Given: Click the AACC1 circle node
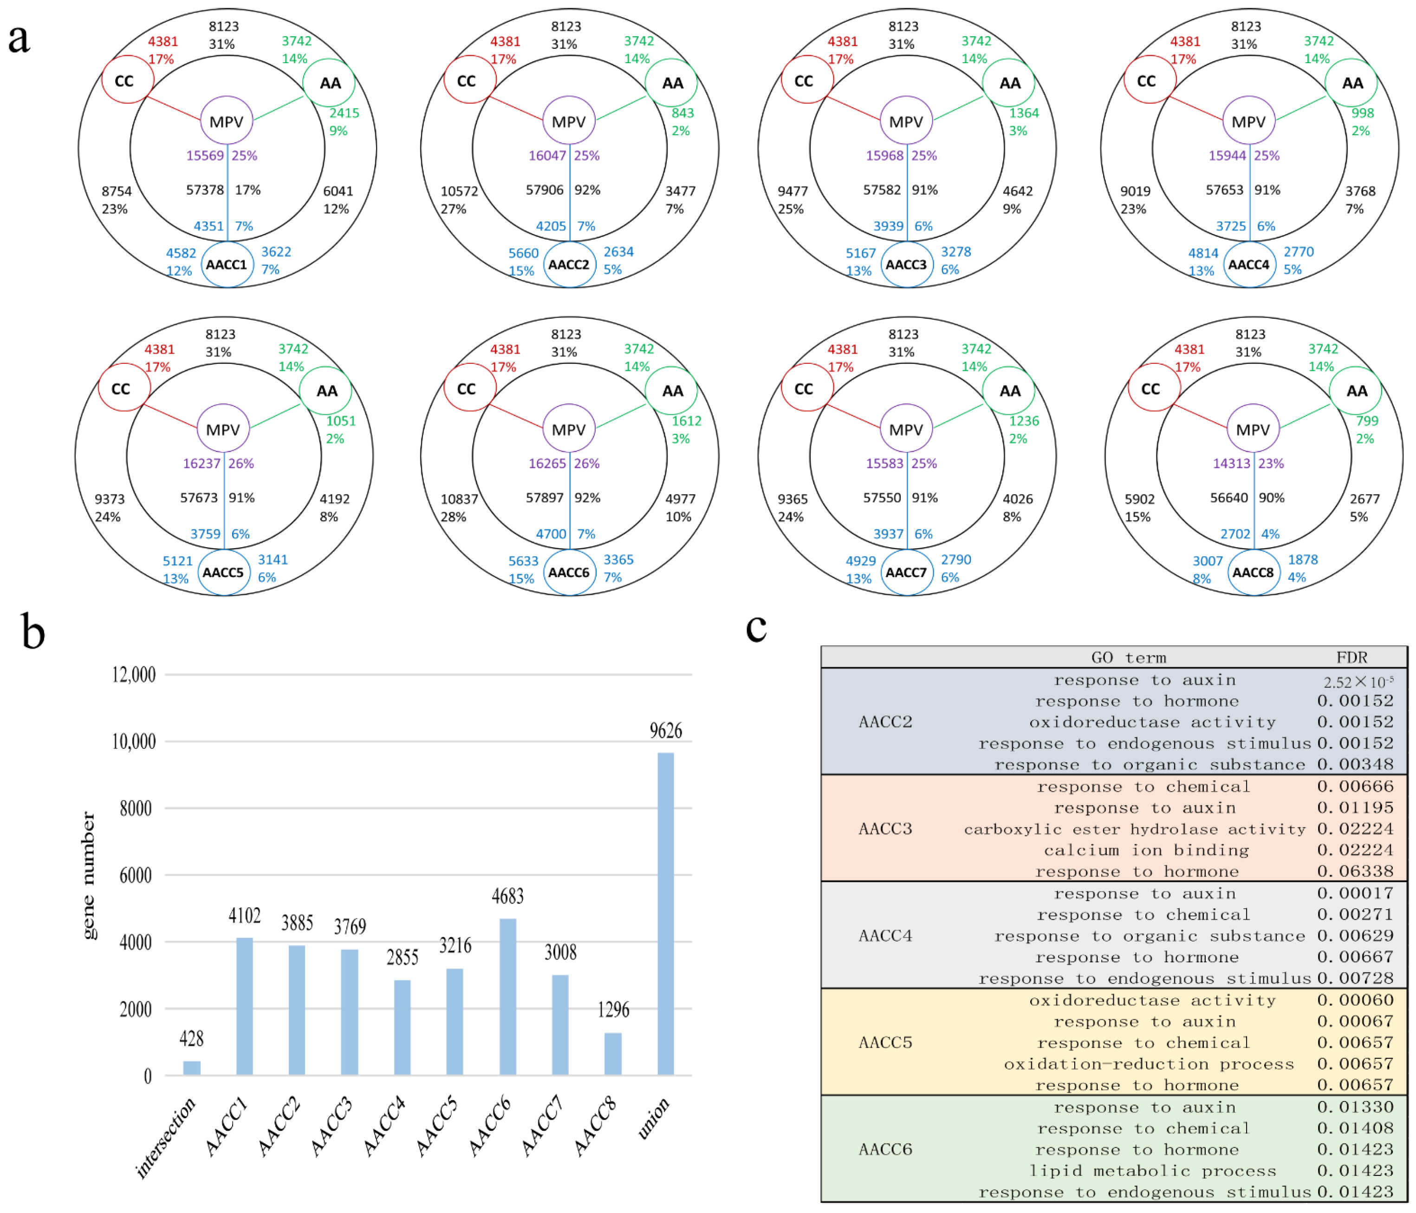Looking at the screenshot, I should [x=227, y=265].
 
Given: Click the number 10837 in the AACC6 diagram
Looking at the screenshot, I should [x=459, y=499].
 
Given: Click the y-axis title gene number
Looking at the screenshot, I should [x=89, y=875].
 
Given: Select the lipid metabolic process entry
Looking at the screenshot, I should [x=1152, y=1171].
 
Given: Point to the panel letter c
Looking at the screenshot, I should [x=756, y=627].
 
